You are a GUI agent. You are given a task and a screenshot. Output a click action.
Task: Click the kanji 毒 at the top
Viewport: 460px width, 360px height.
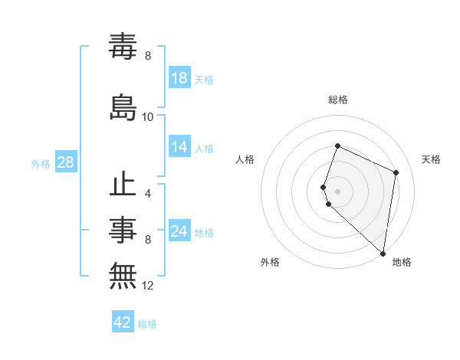pyautogui.click(x=123, y=46)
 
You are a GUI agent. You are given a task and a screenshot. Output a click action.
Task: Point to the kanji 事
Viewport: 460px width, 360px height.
pyautogui.click(x=123, y=228)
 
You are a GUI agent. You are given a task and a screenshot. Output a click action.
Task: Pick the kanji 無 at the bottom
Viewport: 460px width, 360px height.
pyautogui.click(x=123, y=273)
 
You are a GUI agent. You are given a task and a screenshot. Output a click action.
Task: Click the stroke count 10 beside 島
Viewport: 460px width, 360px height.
pyautogui.click(x=148, y=116)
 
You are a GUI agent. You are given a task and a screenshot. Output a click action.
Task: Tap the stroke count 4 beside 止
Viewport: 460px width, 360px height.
pyautogui.click(x=148, y=193)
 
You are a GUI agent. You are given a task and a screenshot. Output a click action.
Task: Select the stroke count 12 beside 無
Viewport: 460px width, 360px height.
pyautogui.click(x=148, y=286)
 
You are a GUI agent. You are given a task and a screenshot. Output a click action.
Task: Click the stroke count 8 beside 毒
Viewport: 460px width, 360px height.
pyautogui.click(x=148, y=56)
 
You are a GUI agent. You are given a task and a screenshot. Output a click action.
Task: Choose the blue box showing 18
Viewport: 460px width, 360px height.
pyautogui.click(x=179, y=77)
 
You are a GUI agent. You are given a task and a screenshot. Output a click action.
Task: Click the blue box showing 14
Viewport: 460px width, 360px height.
pyautogui.click(x=179, y=147)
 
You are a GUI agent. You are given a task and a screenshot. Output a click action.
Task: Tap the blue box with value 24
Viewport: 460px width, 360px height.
pyautogui.click(x=179, y=231)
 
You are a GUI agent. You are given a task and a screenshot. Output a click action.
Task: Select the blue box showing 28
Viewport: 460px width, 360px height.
pyautogui.click(x=65, y=162)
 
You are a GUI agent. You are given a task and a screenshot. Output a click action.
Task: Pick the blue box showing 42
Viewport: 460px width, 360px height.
pyautogui.click(x=123, y=322)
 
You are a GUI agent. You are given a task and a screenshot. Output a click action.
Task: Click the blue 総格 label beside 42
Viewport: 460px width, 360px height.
pyautogui.click(x=147, y=324)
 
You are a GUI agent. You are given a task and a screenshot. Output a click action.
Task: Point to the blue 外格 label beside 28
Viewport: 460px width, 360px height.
pyautogui.click(x=41, y=163)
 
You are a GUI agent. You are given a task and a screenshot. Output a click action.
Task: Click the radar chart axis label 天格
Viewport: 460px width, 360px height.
pyautogui.click(x=432, y=159)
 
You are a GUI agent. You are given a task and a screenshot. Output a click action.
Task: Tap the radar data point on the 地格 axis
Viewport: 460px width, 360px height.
pyautogui.click(x=383, y=254)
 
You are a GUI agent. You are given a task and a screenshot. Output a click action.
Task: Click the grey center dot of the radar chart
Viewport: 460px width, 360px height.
pyautogui.click(x=337, y=191)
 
